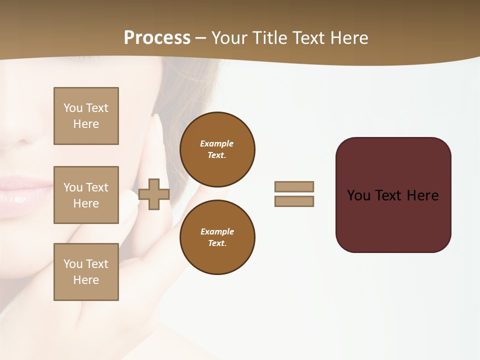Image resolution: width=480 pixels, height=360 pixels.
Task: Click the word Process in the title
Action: (157, 38)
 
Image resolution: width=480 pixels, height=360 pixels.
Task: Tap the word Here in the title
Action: (349, 38)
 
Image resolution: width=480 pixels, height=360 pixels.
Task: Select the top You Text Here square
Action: (86, 116)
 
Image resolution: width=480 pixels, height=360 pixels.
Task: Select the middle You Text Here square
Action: (86, 195)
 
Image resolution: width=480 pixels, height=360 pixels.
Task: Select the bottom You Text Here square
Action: (86, 272)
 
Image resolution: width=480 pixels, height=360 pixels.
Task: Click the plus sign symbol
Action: (154, 194)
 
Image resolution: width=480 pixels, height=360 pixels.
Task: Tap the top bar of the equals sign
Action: (294, 186)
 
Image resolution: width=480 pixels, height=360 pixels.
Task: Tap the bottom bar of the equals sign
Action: (294, 201)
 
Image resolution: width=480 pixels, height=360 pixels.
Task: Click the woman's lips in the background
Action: (22, 192)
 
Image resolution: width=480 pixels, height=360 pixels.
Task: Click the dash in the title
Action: (201, 38)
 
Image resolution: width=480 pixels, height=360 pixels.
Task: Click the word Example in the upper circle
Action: (216, 143)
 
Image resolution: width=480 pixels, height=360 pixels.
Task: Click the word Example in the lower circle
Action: (217, 231)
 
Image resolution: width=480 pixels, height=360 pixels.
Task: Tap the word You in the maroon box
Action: (359, 195)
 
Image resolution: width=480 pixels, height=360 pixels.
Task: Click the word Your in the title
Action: (229, 38)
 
